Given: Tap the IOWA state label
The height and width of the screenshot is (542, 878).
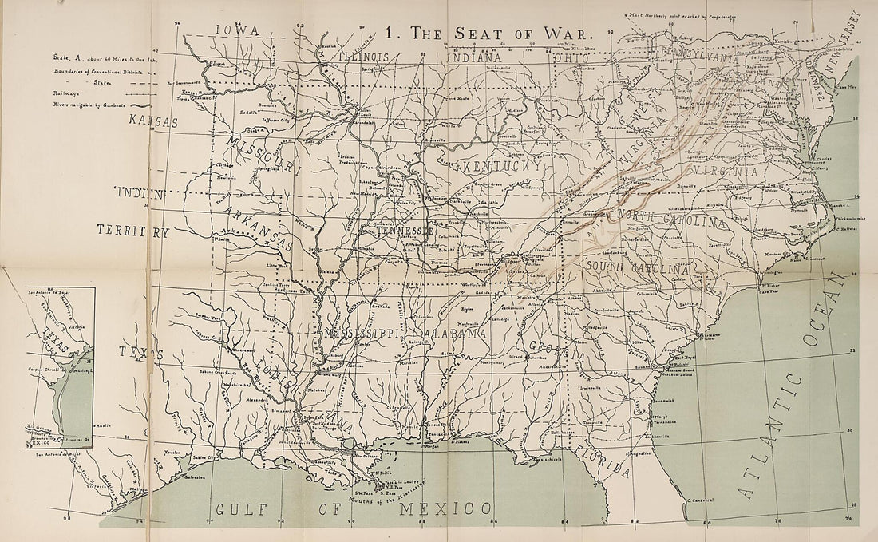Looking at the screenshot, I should (x=238, y=30).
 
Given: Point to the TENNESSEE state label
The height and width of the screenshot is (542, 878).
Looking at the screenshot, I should (x=404, y=230).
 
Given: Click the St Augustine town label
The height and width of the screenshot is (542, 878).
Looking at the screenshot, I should (x=639, y=453).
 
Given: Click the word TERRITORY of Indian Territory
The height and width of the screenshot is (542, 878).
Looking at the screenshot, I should (x=133, y=232).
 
